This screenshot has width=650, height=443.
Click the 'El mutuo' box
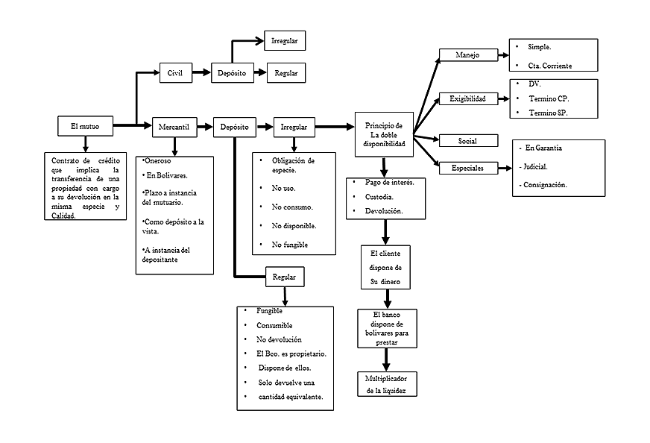(x=85, y=127)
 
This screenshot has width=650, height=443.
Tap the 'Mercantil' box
(x=174, y=127)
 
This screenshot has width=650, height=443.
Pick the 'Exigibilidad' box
(x=467, y=98)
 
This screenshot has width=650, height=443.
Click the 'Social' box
(x=467, y=140)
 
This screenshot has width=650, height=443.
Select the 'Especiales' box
(x=467, y=169)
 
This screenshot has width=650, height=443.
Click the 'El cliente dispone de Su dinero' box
(x=385, y=268)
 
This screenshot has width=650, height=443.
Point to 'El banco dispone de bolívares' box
(x=387, y=328)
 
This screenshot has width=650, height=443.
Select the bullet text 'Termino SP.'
(x=552, y=113)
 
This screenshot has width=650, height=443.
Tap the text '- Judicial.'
(x=532, y=166)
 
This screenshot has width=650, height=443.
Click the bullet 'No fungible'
(x=290, y=245)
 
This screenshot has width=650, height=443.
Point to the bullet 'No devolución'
(x=279, y=339)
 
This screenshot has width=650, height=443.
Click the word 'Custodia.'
(x=379, y=197)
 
